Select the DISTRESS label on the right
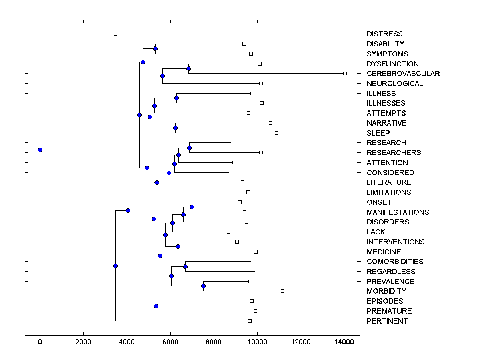384,34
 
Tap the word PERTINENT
387,321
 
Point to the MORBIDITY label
386,291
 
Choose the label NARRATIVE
386,123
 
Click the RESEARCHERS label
394,153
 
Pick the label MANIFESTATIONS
398,212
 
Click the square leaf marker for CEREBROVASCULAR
345,73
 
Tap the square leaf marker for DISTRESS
115,34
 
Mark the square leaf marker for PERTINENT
250,321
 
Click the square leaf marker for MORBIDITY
282,291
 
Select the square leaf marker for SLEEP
276,133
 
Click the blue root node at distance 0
40,150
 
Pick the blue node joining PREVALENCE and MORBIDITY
203,286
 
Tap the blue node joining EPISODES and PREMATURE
156,306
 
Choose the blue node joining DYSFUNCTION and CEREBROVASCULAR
188,68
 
